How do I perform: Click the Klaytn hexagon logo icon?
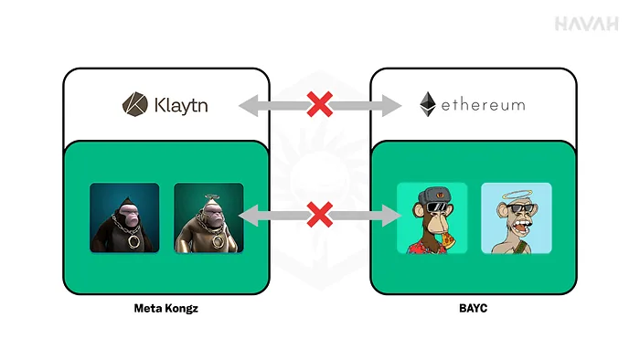point(135,104)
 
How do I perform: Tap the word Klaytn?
point(181,105)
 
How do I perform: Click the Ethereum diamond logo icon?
point(428,104)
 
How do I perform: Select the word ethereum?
point(484,105)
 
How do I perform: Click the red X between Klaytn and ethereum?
point(320,104)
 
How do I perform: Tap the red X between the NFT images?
point(320,215)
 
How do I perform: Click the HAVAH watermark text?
point(587,24)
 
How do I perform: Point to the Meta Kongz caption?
point(166,308)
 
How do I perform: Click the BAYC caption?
point(473,308)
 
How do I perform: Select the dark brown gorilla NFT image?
point(124,217)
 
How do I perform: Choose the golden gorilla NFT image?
point(208,217)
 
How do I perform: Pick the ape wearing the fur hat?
point(432,217)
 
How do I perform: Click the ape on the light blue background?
point(517,217)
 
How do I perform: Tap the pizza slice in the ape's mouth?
point(447,241)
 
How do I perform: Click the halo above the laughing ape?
point(517,196)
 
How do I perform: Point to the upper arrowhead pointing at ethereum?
point(391,105)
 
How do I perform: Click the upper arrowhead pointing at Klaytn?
point(249,105)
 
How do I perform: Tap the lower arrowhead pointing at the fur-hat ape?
point(391,216)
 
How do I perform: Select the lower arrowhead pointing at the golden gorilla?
point(249,216)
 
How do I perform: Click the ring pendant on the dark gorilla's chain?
point(133,241)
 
